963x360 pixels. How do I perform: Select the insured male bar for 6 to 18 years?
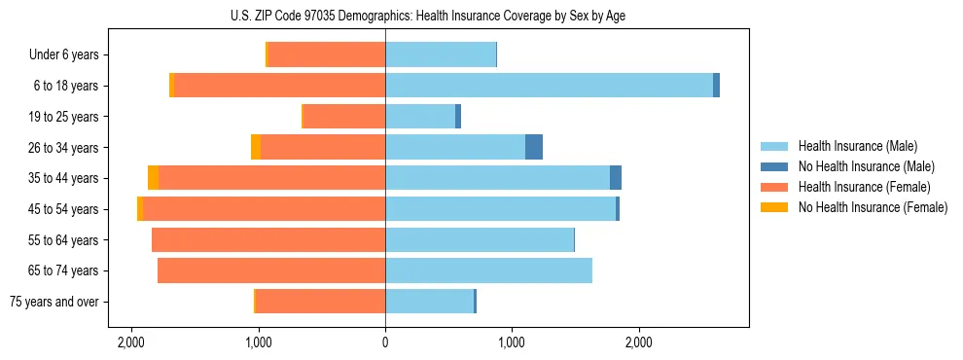tap(549, 86)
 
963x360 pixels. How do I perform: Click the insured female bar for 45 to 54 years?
tap(264, 209)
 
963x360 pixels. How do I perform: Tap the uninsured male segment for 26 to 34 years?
tap(534, 148)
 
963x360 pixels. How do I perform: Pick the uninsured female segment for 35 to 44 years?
tap(154, 178)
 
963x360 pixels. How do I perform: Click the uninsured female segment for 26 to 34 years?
tap(256, 148)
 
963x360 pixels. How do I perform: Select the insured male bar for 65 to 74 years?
tap(488, 270)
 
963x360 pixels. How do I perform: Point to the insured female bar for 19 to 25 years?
tap(344, 117)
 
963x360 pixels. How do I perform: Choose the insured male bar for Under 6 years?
tap(441, 55)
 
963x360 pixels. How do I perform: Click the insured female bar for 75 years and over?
tap(320, 302)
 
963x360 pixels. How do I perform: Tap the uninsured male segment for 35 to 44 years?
tap(616, 178)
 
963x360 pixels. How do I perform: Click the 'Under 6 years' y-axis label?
tap(63, 55)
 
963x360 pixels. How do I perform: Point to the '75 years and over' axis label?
tap(53, 302)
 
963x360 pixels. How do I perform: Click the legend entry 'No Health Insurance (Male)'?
tap(866, 166)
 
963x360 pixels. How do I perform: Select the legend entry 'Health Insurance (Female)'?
tap(864, 187)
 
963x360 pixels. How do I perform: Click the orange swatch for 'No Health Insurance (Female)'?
tap(774, 207)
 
